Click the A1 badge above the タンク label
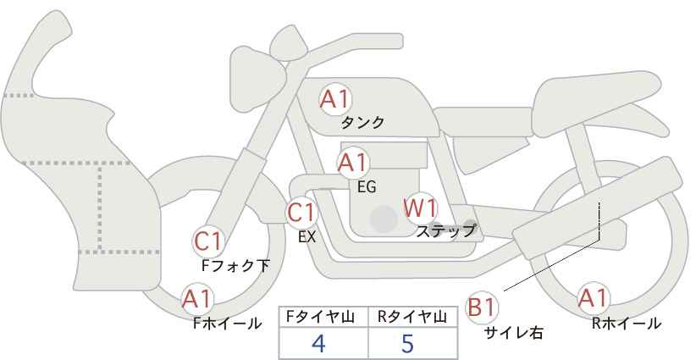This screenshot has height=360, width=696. pos(335,99)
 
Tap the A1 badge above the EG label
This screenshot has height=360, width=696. pos(352,162)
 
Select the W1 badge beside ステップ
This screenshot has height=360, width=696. pos(420,208)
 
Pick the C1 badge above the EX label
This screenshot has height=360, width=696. pos(301,212)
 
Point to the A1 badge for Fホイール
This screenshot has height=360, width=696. pos(197,299)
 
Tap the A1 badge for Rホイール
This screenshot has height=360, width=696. pos(593,298)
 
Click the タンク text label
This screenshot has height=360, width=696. pos(362,123)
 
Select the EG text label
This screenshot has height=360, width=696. pos(367,186)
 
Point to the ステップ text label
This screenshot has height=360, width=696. pos(446,230)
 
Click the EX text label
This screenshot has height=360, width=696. pos(307,237)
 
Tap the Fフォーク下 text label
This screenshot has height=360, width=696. pos(236,265)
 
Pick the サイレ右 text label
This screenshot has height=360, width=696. pos(513,333)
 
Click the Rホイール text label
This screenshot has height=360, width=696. pos(627,323)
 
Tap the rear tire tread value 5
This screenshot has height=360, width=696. pos(407,343)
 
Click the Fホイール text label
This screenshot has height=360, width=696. pos(228,323)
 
